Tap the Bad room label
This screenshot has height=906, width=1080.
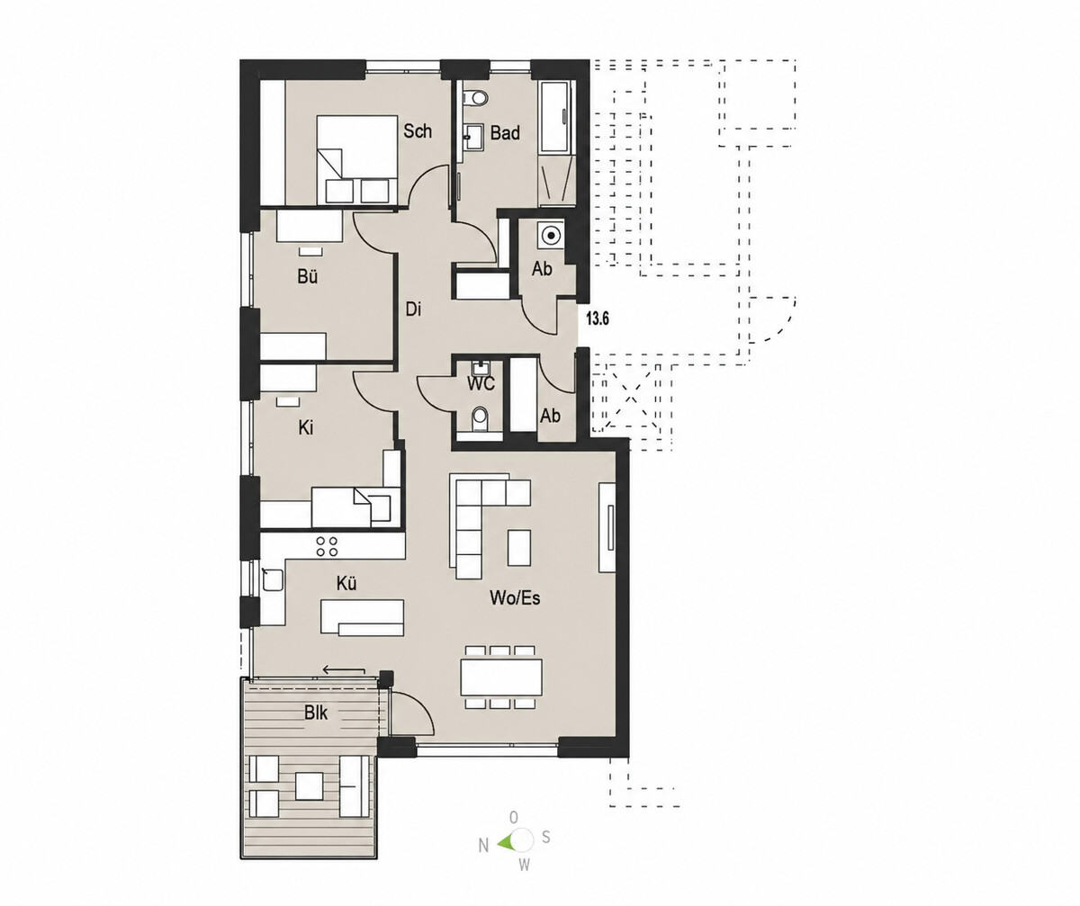tap(505, 133)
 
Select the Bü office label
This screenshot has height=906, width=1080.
tap(307, 277)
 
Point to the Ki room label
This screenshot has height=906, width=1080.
tap(306, 428)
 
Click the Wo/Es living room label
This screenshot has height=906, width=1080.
tap(515, 597)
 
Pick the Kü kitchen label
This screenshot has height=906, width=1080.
tap(346, 584)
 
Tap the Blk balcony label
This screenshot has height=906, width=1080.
tap(316, 713)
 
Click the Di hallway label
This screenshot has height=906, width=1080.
tap(413, 309)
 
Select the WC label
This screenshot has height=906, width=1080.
tap(481, 384)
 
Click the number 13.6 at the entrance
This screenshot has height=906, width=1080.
tap(598, 318)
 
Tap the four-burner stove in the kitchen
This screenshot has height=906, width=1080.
tap(327, 547)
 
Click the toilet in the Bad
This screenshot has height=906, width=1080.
tap(475, 96)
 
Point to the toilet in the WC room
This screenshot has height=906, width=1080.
tap(480, 417)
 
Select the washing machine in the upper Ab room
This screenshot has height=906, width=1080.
tap(552, 234)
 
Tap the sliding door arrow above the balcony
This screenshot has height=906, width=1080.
tap(344, 670)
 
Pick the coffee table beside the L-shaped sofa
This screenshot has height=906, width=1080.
tap(518, 547)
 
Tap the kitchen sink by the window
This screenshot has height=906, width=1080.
tap(273, 579)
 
